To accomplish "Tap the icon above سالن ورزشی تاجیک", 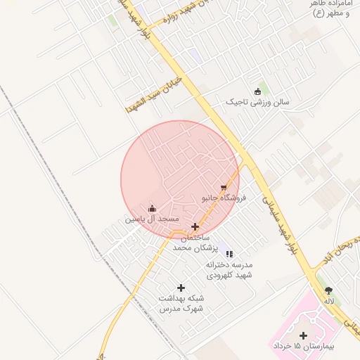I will click(x=257, y=91).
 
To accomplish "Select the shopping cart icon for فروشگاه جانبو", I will click(x=224, y=188).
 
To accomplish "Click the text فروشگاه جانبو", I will click(x=224, y=198).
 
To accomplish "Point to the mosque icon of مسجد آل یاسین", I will click(x=153, y=208).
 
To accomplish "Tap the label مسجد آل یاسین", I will click(x=153, y=219).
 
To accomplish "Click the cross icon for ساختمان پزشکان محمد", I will click(x=195, y=226).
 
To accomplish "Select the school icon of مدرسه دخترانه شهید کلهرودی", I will click(x=229, y=254).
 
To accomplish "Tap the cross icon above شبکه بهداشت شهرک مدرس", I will click(x=181, y=288).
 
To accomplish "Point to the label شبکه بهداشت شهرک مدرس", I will click(x=181, y=304).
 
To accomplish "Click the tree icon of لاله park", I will click(x=328, y=290).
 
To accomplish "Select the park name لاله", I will click(x=328, y=300).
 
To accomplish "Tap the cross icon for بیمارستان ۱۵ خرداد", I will click(x=303, y=335).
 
